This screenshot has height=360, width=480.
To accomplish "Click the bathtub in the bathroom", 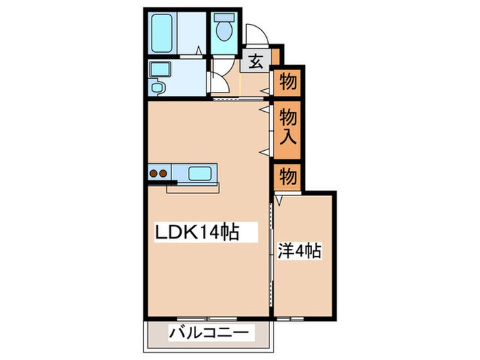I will coord(163,33).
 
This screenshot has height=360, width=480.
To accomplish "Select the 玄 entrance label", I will coord(254,61).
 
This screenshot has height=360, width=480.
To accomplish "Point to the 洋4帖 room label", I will coord(300,251).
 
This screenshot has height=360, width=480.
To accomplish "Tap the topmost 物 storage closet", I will coord(289,83).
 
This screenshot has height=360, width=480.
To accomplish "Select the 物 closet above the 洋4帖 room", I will coord(289,178).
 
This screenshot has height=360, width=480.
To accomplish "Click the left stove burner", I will coord(154,173).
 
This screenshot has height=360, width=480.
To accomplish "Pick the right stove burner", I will coord(164,173).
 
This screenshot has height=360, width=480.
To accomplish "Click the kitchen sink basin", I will coord(200,172).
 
